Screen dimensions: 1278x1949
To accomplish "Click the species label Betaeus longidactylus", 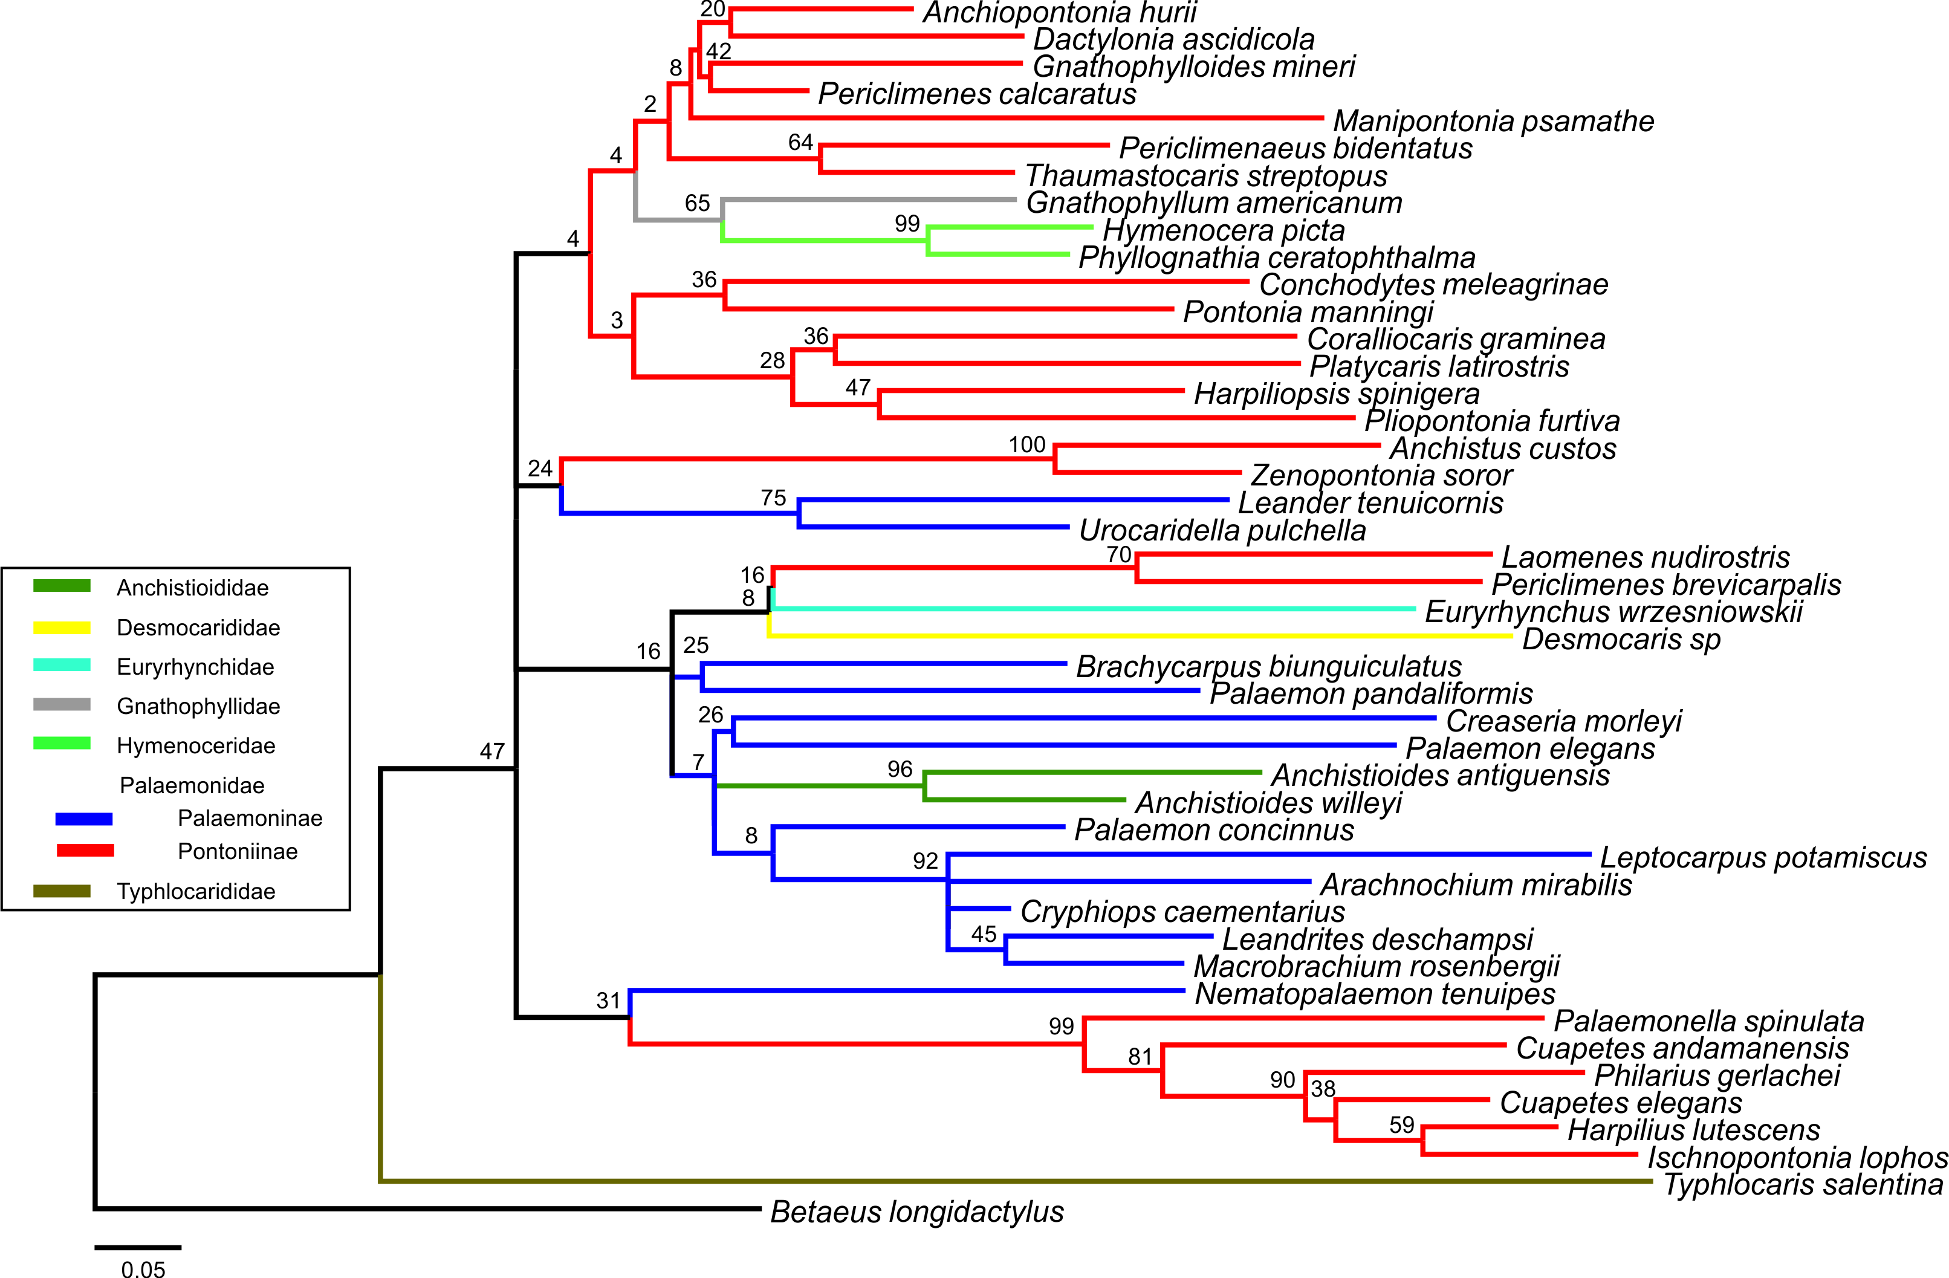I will tap(916, 1212).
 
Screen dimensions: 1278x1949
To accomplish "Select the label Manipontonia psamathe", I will tap(1493, 121).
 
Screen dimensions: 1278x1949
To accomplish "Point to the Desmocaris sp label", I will tap(1621, 640).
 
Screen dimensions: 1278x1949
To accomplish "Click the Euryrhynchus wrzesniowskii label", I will tap(1613, 612).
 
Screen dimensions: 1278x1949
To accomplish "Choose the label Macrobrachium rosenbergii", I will tap(1376, 967).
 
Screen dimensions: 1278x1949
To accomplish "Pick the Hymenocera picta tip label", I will tap(1224, 231).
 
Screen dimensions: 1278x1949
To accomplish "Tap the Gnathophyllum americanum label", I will tap(1214, 203).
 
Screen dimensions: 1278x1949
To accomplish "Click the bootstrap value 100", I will tap(1027, 444).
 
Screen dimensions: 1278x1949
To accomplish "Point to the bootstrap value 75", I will tap(773, 498).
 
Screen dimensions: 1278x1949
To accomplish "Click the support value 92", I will tap(926, 860).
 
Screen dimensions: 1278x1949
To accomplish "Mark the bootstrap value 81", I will tap(1140, 1056).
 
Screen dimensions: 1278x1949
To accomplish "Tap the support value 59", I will tap(1401, 1124).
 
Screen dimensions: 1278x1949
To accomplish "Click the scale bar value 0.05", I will tap(143, 1268).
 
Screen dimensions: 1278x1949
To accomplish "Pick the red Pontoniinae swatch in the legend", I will tap(85, 851).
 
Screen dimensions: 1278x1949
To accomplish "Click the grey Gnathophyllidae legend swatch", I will tap(62, 705).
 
